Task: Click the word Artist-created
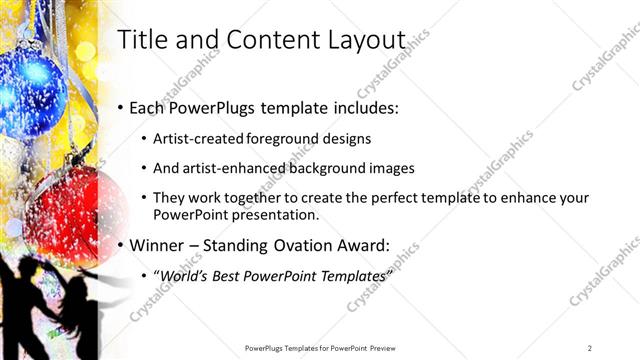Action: [195, 139]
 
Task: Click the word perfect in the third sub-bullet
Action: [400, 199]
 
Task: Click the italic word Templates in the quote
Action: [350, 275]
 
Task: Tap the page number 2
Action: [589, 347]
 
